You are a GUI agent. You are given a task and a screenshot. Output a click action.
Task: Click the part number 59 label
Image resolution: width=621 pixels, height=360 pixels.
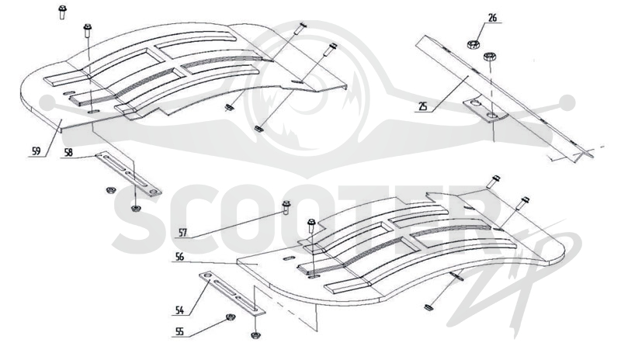36,151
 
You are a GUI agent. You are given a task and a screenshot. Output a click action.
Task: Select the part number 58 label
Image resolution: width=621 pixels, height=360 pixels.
68,153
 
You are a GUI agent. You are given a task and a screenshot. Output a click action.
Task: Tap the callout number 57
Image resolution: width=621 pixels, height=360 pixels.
182,233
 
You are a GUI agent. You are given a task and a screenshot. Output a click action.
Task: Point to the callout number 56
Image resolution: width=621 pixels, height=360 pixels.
179,257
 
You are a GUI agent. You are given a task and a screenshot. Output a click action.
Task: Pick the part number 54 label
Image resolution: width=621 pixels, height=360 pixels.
179,310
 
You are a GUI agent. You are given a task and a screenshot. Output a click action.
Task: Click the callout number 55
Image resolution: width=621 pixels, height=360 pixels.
179,331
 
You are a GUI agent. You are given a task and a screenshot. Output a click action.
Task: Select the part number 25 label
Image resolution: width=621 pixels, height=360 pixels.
423,106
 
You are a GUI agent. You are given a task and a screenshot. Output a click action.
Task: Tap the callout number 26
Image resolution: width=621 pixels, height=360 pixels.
492,18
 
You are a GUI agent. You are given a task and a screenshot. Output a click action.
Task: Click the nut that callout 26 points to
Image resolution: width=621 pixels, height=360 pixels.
473,44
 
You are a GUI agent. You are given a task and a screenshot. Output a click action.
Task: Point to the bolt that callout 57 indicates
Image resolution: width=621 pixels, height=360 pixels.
286,207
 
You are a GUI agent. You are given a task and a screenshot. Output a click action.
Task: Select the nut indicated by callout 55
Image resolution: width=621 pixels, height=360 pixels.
229,317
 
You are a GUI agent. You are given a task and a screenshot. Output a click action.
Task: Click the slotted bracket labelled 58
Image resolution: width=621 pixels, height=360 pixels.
129,175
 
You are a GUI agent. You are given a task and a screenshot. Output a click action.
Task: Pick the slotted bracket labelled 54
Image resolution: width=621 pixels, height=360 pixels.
231,293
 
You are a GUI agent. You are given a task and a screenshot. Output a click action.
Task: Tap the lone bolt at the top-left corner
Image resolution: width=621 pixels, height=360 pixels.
62,12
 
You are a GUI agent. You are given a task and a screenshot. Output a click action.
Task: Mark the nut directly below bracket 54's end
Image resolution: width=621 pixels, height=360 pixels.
255,335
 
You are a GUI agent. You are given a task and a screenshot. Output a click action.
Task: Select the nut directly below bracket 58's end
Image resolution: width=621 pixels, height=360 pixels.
135,208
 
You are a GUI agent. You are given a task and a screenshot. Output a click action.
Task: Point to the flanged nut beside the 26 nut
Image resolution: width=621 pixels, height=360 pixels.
490,56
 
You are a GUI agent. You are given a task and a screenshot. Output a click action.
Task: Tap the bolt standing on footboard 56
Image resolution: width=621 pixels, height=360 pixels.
311,226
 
